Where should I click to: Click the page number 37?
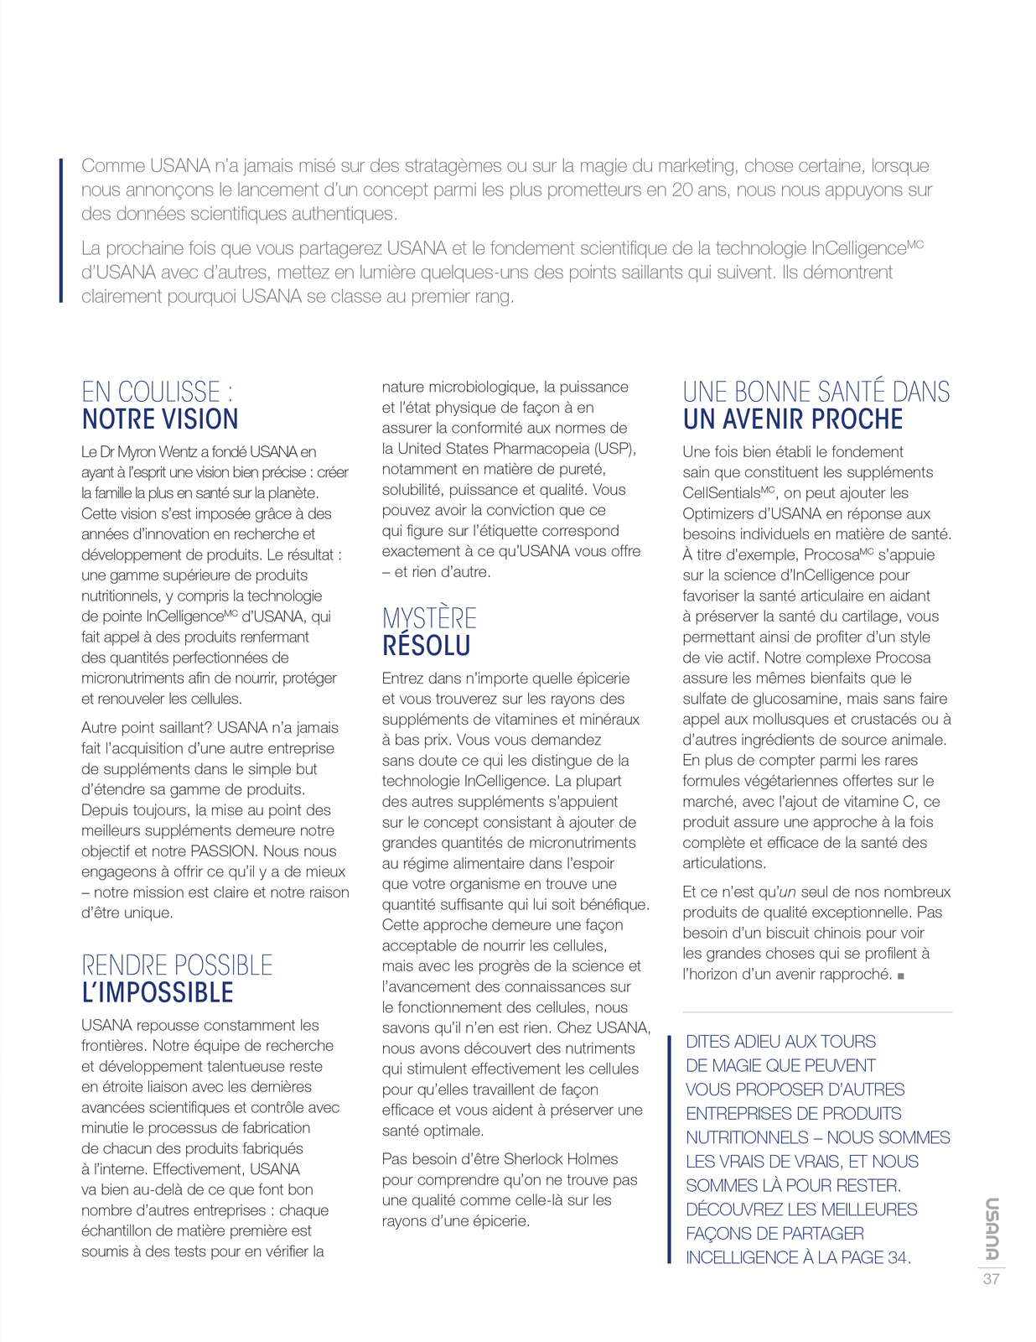pyautogui.click(x=991, y=1279)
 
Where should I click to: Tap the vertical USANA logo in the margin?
pyautogui.click(x=991, y=1229)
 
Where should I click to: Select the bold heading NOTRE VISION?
pyautogui.click(x=160, y=419)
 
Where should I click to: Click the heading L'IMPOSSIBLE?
pyautogui.click(x=158, y=993)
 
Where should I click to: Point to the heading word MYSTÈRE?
pyautogui.click(x=429, y=619)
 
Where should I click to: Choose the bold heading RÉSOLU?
pyautogui.click(x=426, y=646)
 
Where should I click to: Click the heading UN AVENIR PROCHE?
pyautogui.click(x=793, y=419)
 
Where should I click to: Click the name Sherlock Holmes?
pyautogui.click(x=561, y=1159)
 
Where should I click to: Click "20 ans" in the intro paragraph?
pyautogui.click(x=694, y=190)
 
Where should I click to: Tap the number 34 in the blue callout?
pyautogui.click(x=897, y=1257)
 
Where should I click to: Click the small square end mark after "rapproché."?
pyautogui.click(x=901, y=975)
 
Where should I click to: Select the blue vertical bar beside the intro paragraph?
pyautogui.click(x=61, y=230)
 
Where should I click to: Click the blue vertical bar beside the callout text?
pyautogui.click(x=669, y=1149)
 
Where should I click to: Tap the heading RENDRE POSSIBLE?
pyautogui.click(x=177, y=965)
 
